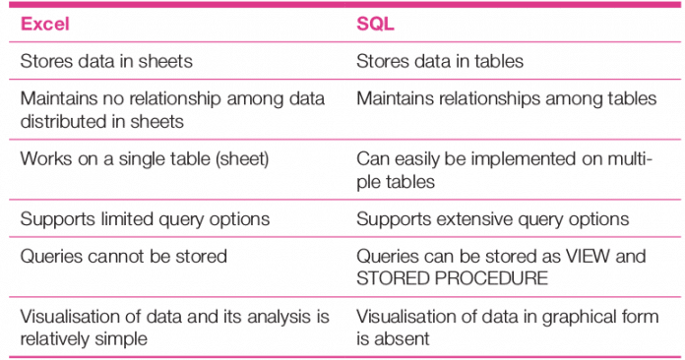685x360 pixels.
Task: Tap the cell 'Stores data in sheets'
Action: click(x=106, y=61)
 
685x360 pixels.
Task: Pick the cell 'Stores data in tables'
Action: click(x=440, y=61)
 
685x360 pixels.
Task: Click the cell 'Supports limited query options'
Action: click(x=145, y=218)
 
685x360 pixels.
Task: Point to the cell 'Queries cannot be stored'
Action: click(x=123, y=256)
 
